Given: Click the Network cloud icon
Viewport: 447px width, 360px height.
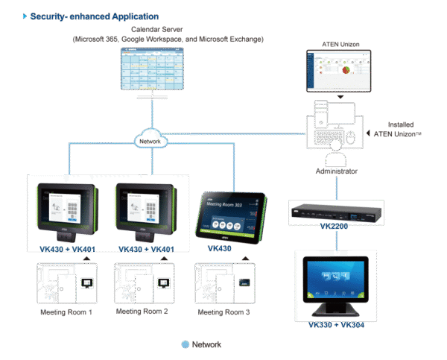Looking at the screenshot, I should tap(151, 139).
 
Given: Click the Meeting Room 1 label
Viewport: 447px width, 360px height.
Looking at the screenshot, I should tap(66, 312).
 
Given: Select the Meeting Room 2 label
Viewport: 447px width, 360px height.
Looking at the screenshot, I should tap(142, 312).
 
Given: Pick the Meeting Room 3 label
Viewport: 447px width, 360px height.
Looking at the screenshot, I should tap(221, 312).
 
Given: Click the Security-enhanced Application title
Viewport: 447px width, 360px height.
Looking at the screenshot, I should tap(94, 16).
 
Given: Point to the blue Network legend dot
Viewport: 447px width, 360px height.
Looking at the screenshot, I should tap(185, 344).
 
